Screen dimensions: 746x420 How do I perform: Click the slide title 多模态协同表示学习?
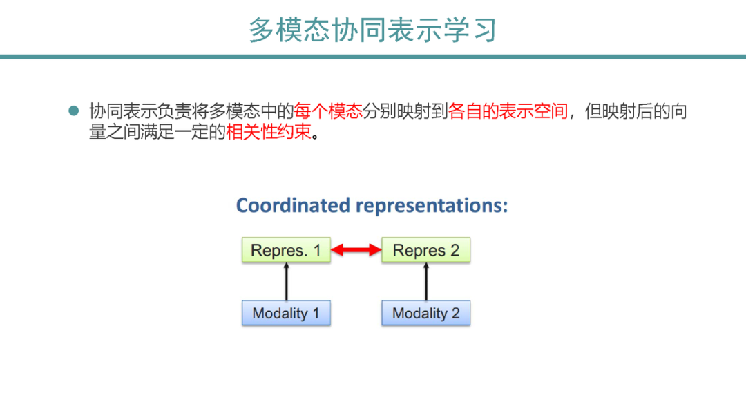click(372, 30)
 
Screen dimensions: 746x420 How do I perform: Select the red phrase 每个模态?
click(328, 111)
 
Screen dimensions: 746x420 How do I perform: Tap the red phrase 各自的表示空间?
click(508, 111)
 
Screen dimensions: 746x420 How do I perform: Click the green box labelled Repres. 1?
click(286, 250)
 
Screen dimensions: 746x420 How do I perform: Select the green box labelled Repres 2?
click(425, 250)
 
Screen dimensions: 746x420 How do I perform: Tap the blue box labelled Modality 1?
click(286, 313)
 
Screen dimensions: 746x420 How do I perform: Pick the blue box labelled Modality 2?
click(425, 313)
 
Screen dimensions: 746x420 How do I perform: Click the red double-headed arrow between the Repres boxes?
click(356, 250)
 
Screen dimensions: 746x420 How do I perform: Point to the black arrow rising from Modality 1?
click(286, 282)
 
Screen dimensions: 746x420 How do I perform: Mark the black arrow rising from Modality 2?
click(425, 282)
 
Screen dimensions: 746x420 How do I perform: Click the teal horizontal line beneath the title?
click(372, 57)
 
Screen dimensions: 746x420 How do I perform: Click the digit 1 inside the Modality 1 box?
click(316, 313)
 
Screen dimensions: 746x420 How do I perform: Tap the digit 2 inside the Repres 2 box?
click(455, 250)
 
